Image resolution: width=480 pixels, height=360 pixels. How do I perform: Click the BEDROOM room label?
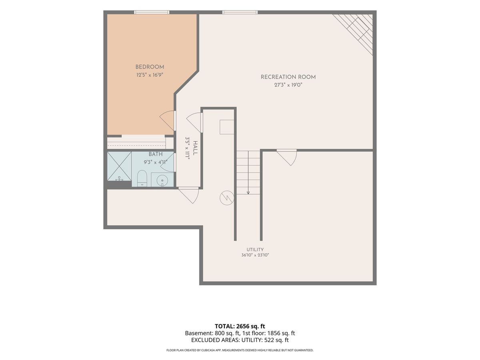click(x=150, y=67)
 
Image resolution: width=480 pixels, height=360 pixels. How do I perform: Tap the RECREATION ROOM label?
click(x=288, y=77)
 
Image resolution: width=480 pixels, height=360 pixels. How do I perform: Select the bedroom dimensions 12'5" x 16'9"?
click(x=150, y=75)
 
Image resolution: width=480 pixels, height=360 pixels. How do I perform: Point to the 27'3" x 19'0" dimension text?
click(x=288, y=85)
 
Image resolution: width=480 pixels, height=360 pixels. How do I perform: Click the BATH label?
click(x=156, y=154)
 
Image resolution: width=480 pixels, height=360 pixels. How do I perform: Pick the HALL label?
click(x=195, y=148)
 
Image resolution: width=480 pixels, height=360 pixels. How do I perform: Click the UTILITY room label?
click(x=255, y=249)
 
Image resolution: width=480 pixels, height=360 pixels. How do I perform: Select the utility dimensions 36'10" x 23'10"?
click(x=255, y=255)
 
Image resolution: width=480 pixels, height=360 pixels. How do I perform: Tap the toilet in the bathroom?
click(x=142, y=178)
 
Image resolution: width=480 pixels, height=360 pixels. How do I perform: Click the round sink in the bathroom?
click(x=162, y=180)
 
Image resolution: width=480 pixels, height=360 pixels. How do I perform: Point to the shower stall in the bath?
click(x=119, y=166)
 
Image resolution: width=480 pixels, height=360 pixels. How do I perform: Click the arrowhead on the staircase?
click(x=248, y=192)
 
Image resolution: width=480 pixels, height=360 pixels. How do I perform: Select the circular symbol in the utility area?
click(x=227, y=198)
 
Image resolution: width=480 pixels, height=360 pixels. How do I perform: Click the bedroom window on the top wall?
click(x=152, y=12)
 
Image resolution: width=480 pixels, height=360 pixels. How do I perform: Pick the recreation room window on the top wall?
click(x=240, y=12)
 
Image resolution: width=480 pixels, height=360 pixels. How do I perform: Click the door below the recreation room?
click(x=287, y=157)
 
